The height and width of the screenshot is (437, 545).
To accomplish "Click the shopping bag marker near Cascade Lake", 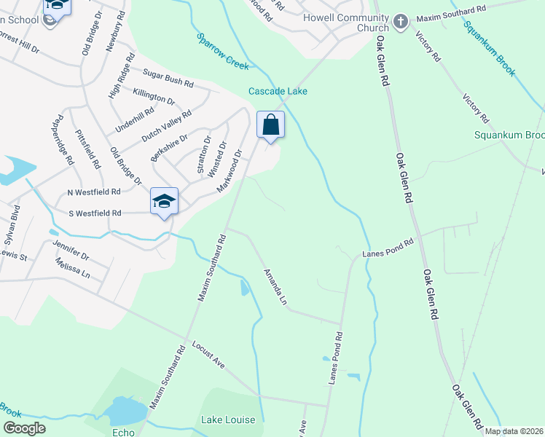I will (x=270, y=125).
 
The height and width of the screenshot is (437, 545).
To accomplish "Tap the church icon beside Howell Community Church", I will (x=401, y=23).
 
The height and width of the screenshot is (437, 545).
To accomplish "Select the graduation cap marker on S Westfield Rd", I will (x=165, y=201).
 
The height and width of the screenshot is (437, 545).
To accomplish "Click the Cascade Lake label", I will (x=278, y=91).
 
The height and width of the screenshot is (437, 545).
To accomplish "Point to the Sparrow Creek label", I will (x=222, y=51).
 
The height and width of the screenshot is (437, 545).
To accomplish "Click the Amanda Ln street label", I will (x=275, y=286).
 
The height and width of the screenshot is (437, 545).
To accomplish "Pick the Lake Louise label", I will (x=228, y=420).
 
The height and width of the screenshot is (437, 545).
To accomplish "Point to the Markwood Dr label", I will (x=229, y=171).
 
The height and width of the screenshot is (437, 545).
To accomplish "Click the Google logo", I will (x=25, y=428).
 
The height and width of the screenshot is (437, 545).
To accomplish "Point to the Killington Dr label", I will (x=154, y=96).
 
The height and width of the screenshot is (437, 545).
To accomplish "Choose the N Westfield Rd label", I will (x=93, y=192).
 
